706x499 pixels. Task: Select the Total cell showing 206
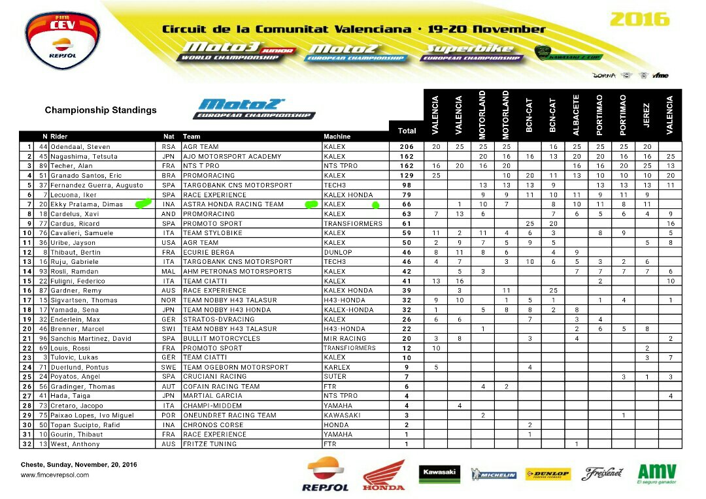tap(407, 147)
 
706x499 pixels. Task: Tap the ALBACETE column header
tap(576, 114)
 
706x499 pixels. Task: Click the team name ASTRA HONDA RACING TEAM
tap(233, 204)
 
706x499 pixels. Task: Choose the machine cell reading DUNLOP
tap(337, 252)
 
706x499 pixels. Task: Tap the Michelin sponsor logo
tap(494, 475)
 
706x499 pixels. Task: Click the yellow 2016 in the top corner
tap(639, 20)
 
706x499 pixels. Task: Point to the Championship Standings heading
tap(101, 110)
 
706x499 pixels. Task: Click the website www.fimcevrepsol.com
tap(55, 475)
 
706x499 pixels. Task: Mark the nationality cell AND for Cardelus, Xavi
tap(169, 214)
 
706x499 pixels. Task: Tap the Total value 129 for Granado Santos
tap(407, 176)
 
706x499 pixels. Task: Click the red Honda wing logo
tap(384, 474)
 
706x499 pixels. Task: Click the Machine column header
tap(337, 137)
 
